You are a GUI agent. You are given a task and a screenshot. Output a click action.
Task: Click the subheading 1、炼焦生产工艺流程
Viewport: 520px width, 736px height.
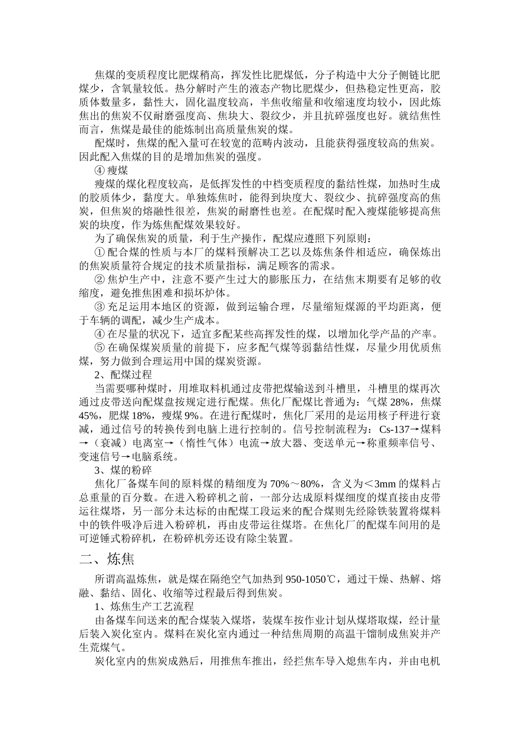click(144, 607)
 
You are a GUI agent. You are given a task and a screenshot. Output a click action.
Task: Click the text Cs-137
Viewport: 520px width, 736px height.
click(394, 429)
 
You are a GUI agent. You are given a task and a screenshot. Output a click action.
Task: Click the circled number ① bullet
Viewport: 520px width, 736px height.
click(100, 252)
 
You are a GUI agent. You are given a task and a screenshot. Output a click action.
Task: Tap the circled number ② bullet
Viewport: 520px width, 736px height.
click(100, 279)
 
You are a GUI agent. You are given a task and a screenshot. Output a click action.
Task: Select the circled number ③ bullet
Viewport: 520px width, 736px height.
click(100, 307)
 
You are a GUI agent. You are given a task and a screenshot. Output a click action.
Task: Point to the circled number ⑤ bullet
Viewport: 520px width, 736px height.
click(100, 347)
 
